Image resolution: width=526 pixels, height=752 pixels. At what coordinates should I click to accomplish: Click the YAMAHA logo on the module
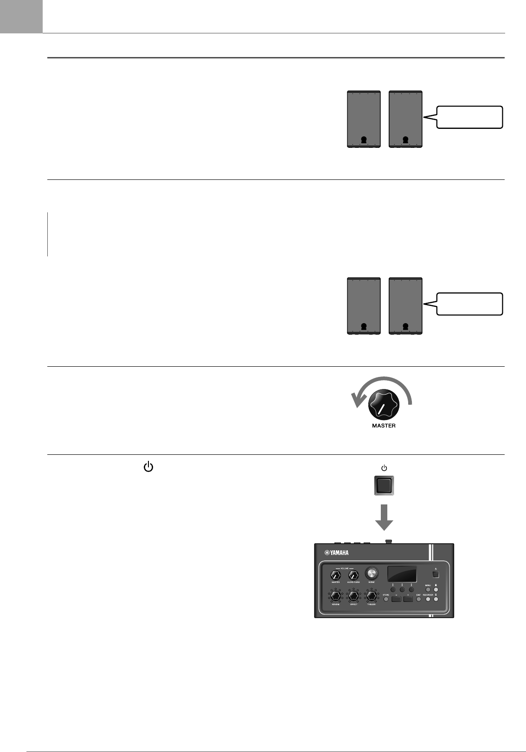(x=337, y=553)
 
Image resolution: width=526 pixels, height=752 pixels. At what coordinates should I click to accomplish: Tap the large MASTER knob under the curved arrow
(x=384, y=406)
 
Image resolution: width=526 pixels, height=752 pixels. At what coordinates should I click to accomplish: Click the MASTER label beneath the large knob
(x=384, y=426)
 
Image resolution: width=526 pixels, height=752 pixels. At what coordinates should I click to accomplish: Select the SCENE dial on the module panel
(x=372, y=572)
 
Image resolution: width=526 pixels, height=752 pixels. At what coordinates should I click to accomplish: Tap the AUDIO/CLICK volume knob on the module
(x=353, y=575)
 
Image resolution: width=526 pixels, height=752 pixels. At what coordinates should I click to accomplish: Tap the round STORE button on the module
(x=386, y=599)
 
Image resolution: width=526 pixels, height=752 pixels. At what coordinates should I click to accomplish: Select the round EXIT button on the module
(x=418, y=599)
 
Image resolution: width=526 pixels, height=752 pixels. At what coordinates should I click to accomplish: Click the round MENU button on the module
(x=429, y=590)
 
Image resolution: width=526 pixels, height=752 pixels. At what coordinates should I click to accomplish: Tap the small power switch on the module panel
(x=436, y=575)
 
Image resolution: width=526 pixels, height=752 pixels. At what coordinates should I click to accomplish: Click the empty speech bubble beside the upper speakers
(x=470, y=117)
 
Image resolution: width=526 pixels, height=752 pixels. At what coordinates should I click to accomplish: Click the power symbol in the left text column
(x=148, y=467)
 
